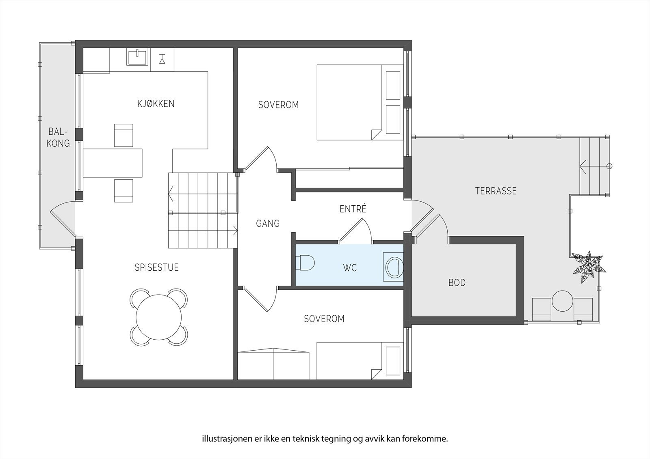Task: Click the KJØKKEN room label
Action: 156,103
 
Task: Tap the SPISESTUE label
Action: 156,267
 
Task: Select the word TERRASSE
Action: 496,191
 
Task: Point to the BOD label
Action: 457,282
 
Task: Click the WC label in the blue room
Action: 350,268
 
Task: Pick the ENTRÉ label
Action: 353,209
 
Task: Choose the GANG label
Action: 268,224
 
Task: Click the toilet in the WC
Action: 305,263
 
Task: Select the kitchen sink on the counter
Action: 137,57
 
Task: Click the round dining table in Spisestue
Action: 159,317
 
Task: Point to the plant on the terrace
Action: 589,267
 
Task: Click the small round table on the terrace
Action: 562,301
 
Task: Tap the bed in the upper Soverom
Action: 360,102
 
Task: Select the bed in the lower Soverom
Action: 360,361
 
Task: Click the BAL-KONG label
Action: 58,138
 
